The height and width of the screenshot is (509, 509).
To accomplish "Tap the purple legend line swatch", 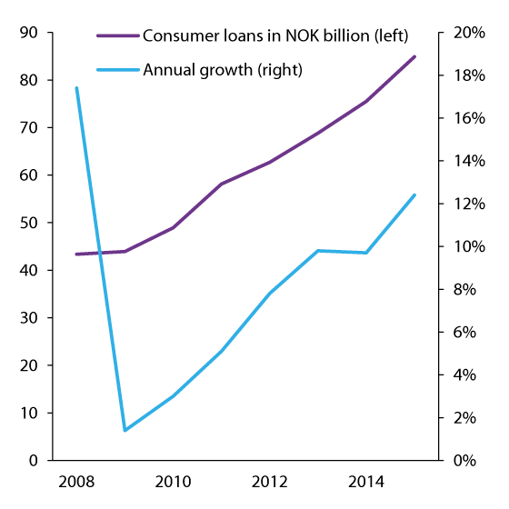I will click(118, 35).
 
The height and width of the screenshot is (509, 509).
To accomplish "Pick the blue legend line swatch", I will click(118, 69).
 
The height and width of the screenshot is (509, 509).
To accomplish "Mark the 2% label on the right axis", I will click(468, 418).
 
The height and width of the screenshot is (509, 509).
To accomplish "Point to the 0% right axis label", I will click(468, 461).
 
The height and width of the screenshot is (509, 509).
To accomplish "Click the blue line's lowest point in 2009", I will click(125, 430).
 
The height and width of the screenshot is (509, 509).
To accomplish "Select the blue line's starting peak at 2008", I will click(76, 87).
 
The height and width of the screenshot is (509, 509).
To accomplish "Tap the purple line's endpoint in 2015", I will click(414, 56).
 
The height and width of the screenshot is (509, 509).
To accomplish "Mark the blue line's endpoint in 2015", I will click(414, 195).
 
